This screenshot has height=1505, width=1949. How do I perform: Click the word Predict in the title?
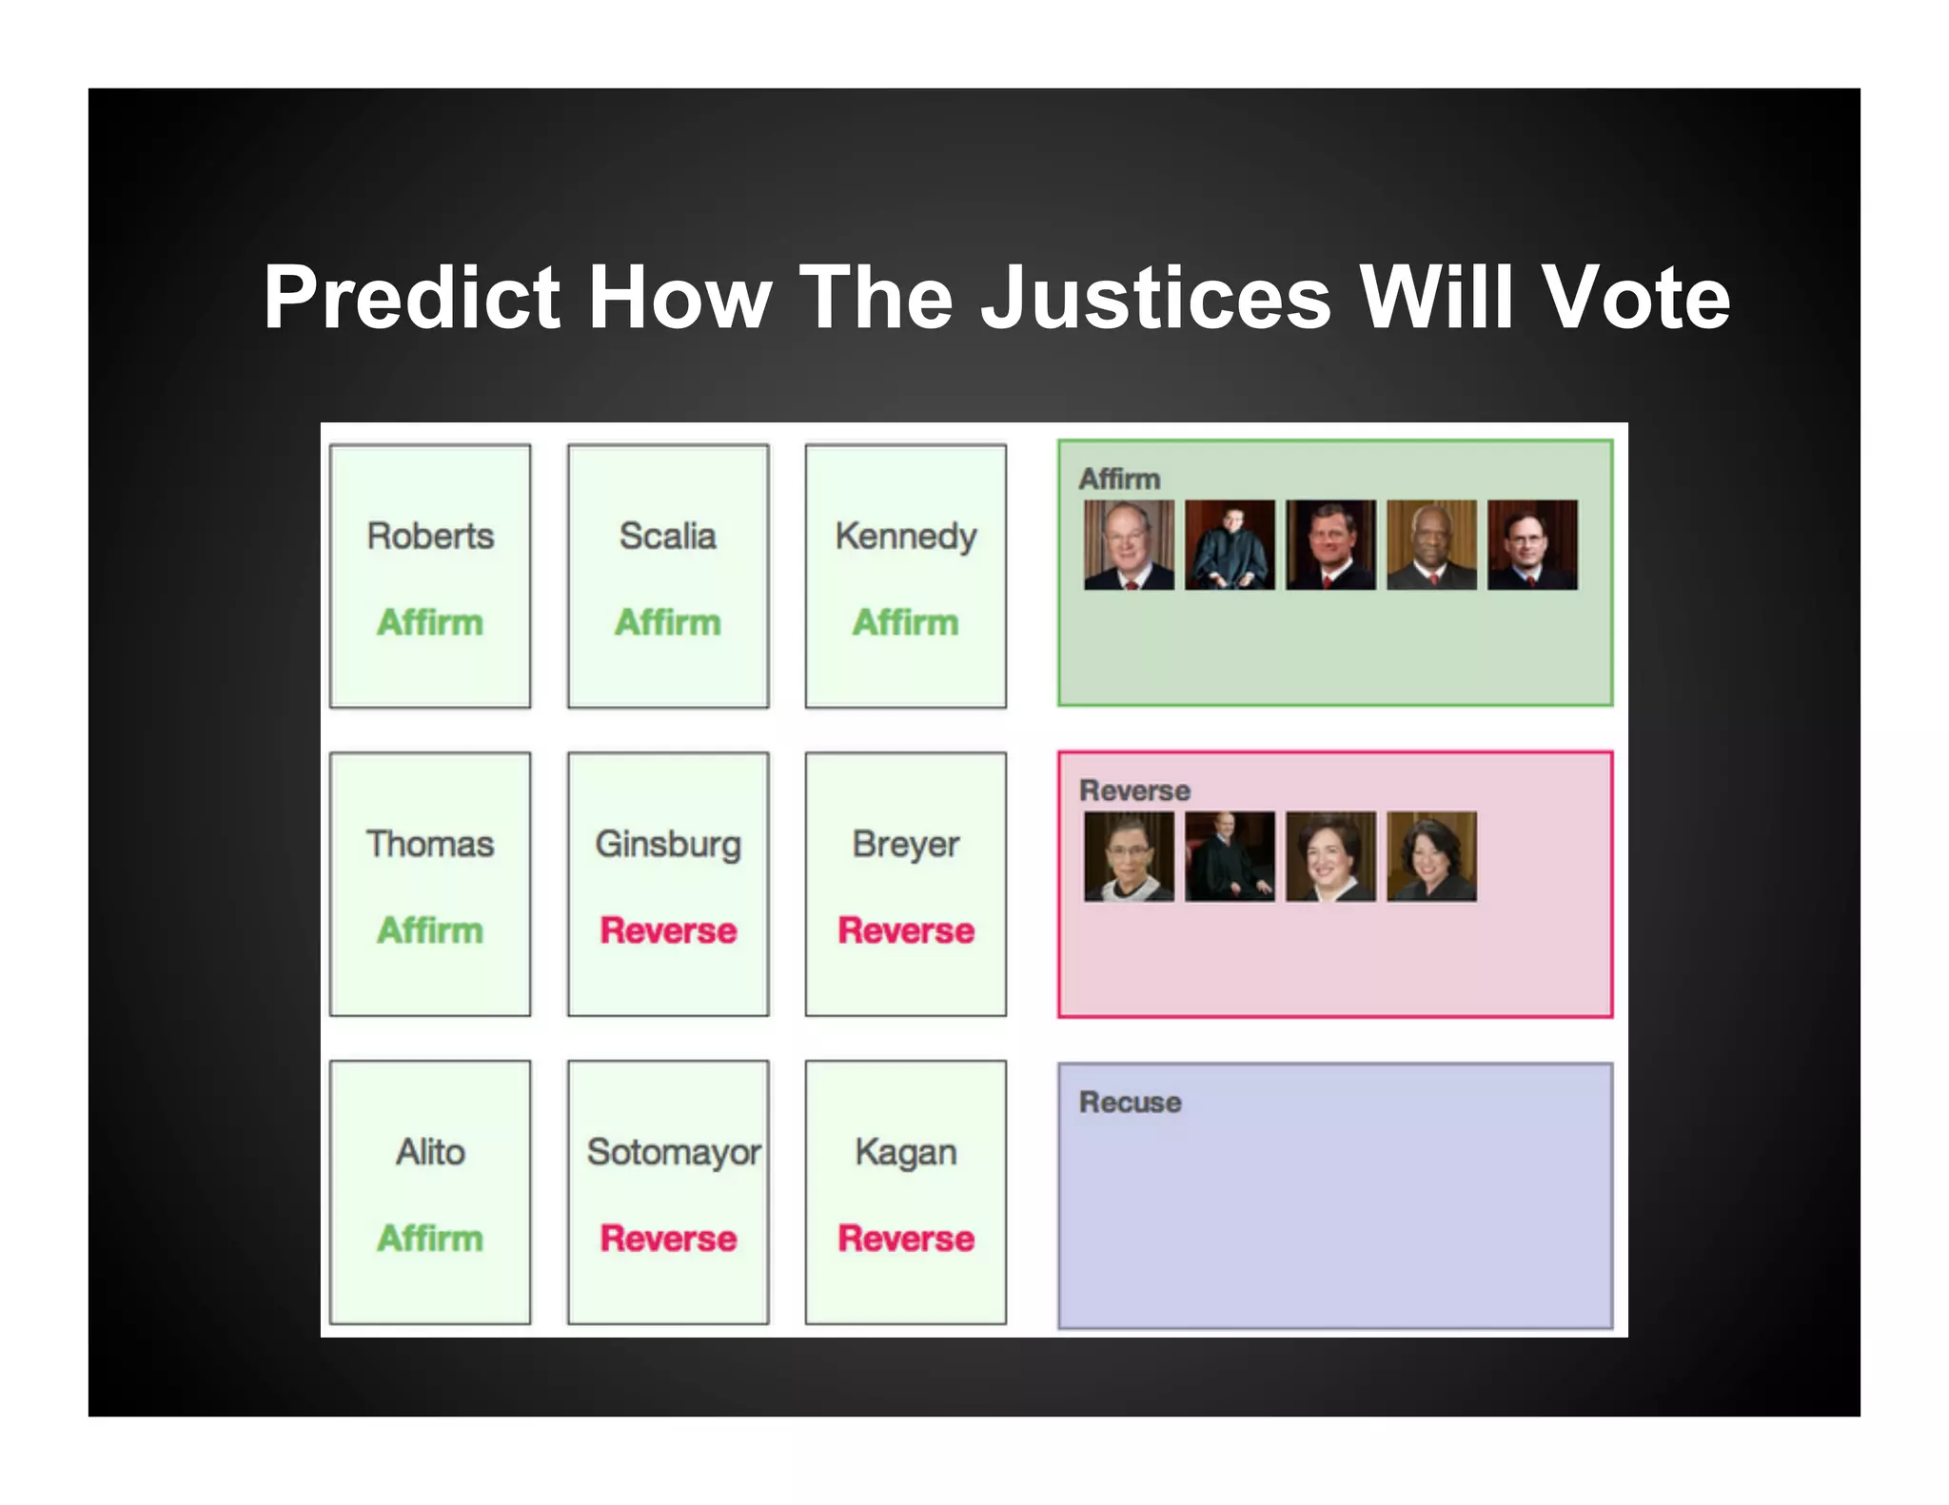pyautogui.click(x=411, y=299)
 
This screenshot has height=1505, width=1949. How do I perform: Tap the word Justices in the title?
pyautogui.click(x=1155, y=299)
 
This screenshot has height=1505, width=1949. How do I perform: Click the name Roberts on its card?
pyautogui.click(x=430, y=536)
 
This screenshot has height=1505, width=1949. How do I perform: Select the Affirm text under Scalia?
pyautogui.click(x=667, y=622)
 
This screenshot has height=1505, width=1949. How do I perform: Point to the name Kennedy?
pyautogui.click(x=905, y=537)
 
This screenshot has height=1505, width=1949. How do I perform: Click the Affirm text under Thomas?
pyautogui.click(x=430, y=929)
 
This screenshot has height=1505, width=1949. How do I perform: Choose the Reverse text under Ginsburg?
pyautogui.click(x=668, y=929)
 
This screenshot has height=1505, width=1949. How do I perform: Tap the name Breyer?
pyautogui.click(x=905, y=845)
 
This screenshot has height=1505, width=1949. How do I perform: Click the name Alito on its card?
pyautogui.click(x=430, y=1152)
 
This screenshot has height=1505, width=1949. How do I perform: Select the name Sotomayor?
pyautogui.click(x=673, y=1152)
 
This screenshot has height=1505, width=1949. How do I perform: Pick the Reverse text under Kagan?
pyautogui.click(x=905, y=1238)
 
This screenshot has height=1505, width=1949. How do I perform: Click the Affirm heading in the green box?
pyautogui.click(x=1119, y=479)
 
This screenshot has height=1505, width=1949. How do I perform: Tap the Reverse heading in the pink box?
pyautogui.click(x=1134, y=790)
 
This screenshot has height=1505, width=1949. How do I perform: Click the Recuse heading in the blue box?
pyautogui.click(x=1130, y=1102)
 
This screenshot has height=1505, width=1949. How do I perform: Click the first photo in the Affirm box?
pyautogui.click(x=1129, y=545)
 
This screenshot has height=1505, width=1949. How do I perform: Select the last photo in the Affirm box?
pyautogui.click(x=1532, y=545)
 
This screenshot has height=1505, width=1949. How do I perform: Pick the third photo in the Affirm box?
pyautogui.click(x=1330, y=545)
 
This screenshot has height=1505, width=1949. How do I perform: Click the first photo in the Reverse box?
pyautogui.click(x=1129, y=856)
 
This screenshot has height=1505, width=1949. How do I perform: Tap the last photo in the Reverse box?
pyautogui.click(x=1431, y=856)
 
